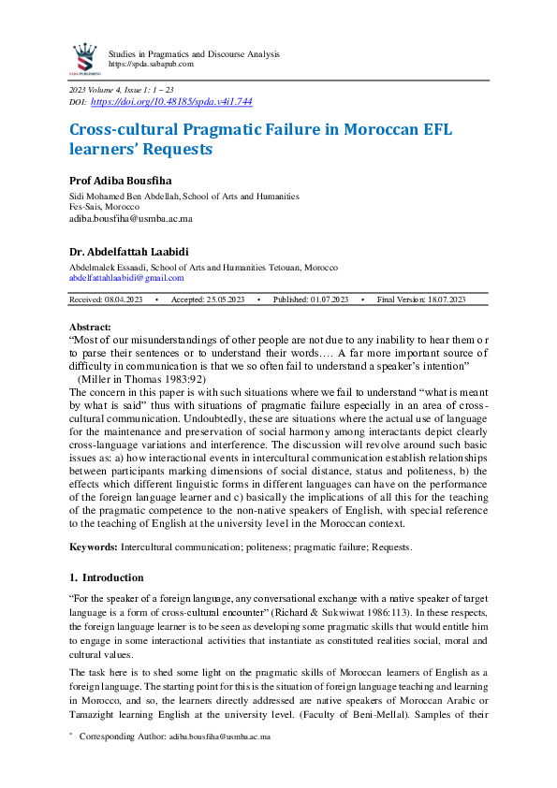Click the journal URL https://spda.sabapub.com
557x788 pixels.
tap(151, 64)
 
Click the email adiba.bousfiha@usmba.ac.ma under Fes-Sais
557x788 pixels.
tap(131, 218)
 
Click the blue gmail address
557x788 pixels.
tap(127, 277)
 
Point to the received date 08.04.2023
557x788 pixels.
tap(124, 299)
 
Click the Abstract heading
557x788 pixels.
tap(91, 328)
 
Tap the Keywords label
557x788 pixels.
tap(94, 546)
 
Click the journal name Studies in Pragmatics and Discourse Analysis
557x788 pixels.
tap(194, 53)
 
